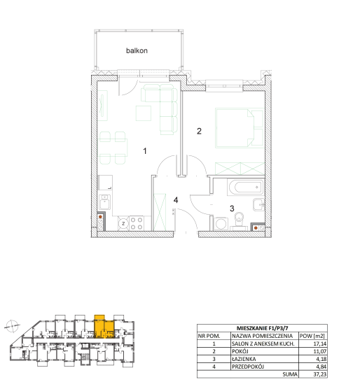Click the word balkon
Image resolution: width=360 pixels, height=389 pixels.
click(x=137, y=50)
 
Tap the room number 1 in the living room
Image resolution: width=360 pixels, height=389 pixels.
click(x=145, y=151)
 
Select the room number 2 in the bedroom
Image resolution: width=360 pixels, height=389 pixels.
click(x=199, y=131)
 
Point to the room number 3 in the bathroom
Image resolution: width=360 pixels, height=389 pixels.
click(x=232, y=208)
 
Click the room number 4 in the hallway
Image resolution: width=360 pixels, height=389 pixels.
click(x=176, y=200)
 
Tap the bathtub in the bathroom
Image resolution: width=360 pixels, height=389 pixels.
click(x=245, y=188)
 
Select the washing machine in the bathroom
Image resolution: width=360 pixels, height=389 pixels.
click(x=221, y=224)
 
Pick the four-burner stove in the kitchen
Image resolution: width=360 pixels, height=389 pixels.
click(x=137, y=223)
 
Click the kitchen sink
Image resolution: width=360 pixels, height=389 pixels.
click(x=105, y=202)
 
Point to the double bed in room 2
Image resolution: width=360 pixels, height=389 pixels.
click(x=240, y=128)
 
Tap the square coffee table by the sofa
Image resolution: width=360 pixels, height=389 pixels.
click(x=144, y=113)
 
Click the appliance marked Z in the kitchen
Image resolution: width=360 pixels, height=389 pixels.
click(x=123, y=223)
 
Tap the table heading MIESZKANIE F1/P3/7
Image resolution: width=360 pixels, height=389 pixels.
click(x=262, y=328)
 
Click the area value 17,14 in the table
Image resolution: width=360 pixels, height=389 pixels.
click(x=320, y=344)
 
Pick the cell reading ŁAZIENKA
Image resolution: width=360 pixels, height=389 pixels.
click(x=244, y=359)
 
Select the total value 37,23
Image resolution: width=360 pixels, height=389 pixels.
click(x=320, y=374)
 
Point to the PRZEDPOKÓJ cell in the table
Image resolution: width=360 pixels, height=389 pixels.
click(x=248, y=367)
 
